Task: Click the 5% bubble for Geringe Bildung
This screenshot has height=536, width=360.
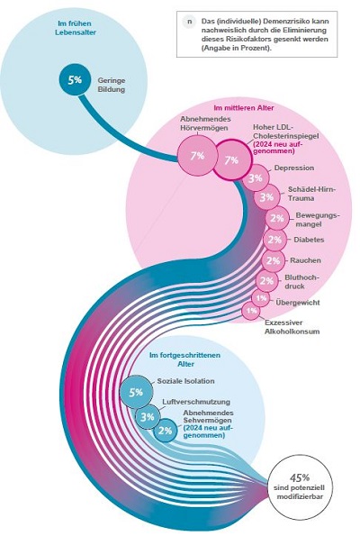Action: (75, 80)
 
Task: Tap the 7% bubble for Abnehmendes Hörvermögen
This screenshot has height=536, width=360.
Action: (197, 156)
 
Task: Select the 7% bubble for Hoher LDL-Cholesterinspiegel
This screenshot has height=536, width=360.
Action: (232, 160)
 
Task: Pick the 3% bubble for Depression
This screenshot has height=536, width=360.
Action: (256, 178)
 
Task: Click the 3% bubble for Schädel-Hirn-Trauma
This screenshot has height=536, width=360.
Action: (266, 197)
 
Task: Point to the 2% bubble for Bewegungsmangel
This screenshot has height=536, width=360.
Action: (276, 218)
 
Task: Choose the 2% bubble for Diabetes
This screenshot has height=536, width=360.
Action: (274, 240)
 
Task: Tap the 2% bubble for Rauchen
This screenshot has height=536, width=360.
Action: (273, 261)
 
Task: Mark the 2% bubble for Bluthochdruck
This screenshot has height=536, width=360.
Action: (266, 281)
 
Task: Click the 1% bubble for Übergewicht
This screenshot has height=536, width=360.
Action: (261, 298)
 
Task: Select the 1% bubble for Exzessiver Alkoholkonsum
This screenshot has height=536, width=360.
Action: (251, 311)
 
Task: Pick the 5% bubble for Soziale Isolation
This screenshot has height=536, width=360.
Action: (136, 392)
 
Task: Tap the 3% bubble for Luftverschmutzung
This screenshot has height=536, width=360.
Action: (148, 417)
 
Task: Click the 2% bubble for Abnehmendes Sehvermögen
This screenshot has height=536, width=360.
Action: (166, 430)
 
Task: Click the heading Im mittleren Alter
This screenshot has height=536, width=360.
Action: (244, 108)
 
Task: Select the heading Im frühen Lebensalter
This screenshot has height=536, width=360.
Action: (76, 28)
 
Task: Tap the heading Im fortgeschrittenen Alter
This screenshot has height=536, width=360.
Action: (184, 359)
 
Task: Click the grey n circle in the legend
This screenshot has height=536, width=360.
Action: (189, 22)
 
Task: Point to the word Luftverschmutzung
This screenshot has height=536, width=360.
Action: (196, 402)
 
